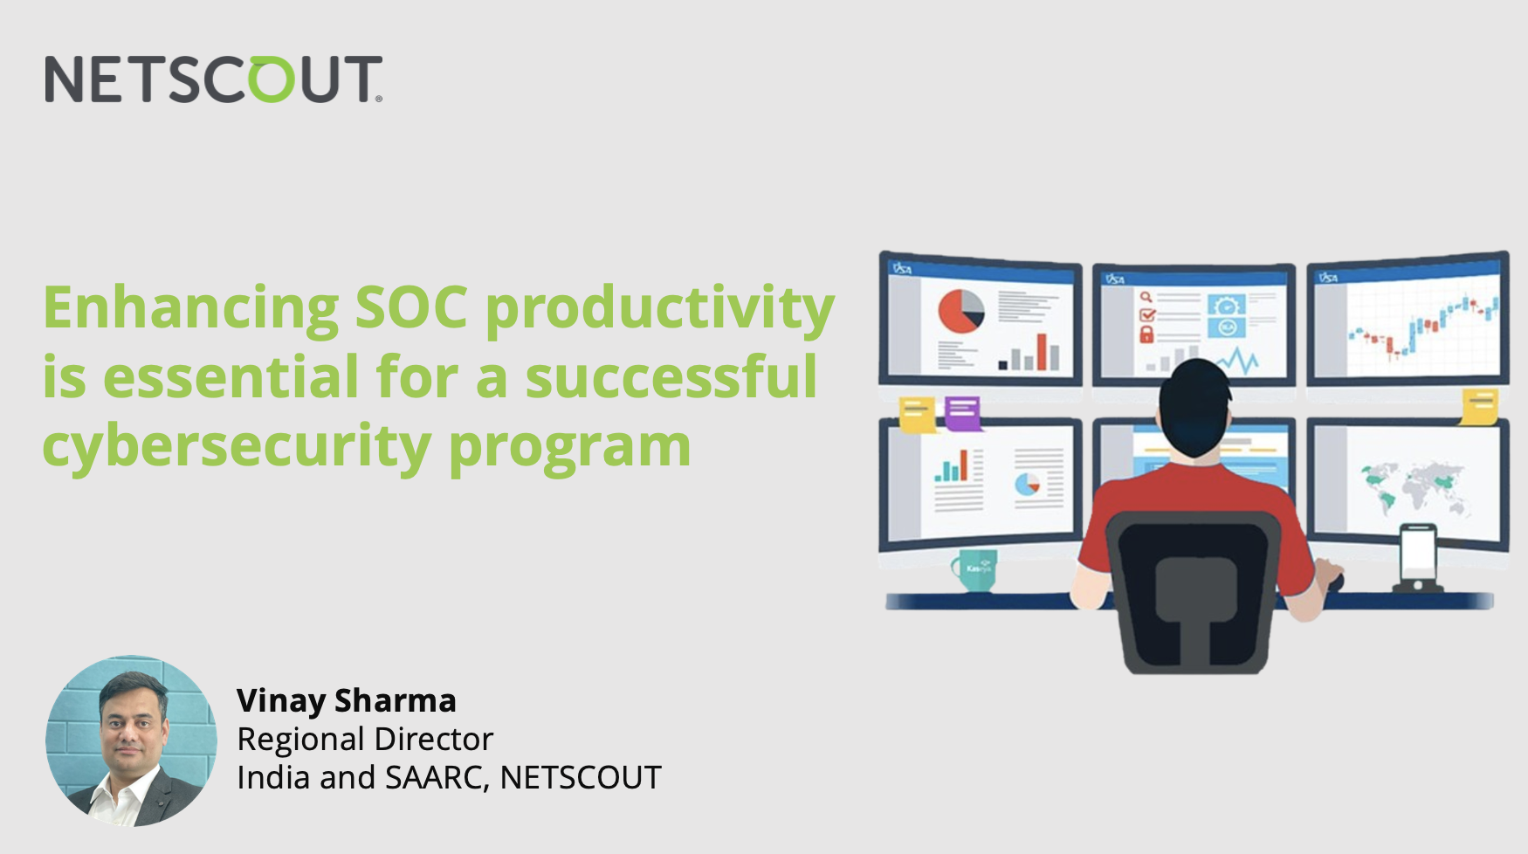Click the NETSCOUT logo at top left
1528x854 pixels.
(214, 79)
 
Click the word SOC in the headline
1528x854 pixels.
(411, 307)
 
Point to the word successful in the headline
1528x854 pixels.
(671, 376)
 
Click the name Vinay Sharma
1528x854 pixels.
(346, 700)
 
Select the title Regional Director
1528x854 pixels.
(365, 739)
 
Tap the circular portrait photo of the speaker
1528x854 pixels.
(131, 740)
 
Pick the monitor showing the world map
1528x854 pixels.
(1408, 482)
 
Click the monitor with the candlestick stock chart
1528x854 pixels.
(1408, 321)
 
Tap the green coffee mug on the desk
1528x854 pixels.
(975, 569)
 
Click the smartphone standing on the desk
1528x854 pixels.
(1417, 556)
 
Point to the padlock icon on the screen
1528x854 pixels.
(1147, 334)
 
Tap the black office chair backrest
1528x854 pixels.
(1194, 585)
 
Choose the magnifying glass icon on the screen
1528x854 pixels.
(1146, 297)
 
